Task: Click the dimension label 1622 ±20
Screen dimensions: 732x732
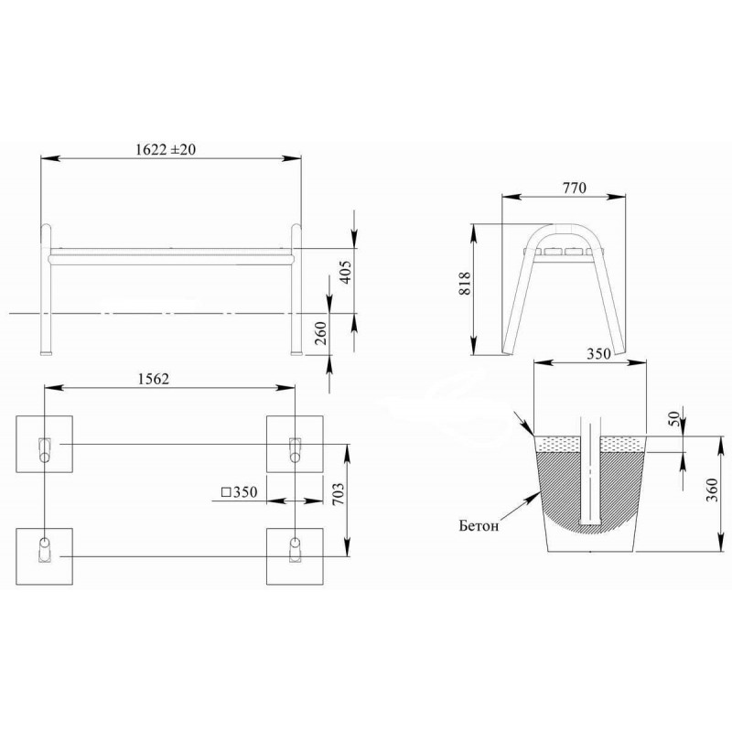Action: pos(166,149)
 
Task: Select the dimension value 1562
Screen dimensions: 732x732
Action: pos(154,379)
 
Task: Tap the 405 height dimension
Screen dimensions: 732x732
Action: pos(346,272)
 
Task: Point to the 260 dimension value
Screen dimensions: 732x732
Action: pos(321,333)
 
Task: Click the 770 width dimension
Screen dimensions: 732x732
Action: pos(574,188)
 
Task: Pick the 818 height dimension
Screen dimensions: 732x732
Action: pos(465,284)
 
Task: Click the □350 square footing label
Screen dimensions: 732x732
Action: pos(240,492)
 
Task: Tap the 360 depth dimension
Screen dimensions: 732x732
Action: pos(712,490)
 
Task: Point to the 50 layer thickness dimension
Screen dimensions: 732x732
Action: pos(673,418)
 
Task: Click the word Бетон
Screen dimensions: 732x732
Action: pos(479,526)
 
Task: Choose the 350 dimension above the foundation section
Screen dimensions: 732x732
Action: pos(598,353)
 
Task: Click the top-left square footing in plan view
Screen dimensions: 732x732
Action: pos(44,444)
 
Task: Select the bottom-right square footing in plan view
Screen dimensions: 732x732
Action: pos(295,556)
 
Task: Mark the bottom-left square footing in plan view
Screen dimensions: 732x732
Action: pos(44,556)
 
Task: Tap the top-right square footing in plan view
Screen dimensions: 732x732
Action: pos(295,444)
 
